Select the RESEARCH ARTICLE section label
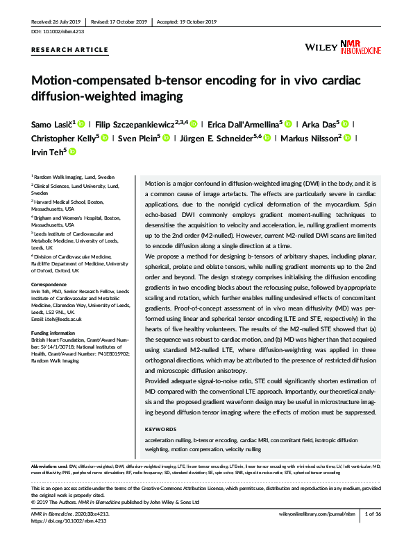pos(70,50)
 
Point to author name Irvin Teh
pos(47,151)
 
